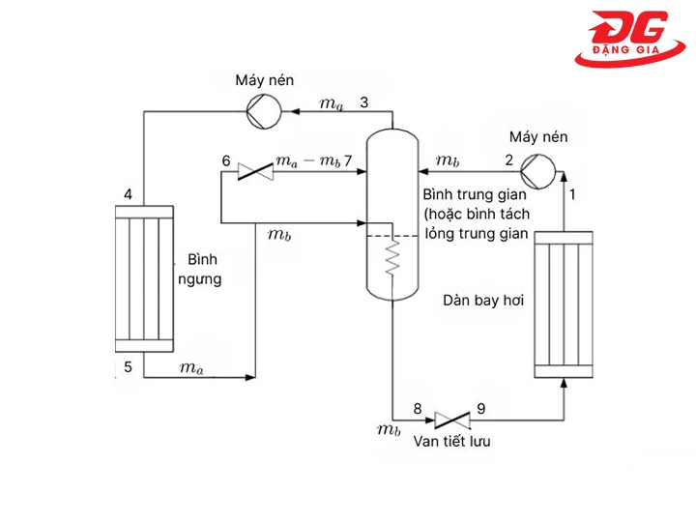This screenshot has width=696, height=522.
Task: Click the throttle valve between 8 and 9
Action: (x=451, y=420)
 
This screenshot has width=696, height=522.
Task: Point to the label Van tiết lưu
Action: (x=452, y=443)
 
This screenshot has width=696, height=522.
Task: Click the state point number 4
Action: (x=128, y=195)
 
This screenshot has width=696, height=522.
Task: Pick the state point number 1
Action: (x=572, y=194)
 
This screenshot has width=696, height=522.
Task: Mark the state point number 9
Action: (x=481, y=408)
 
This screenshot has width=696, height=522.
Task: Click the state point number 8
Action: (x=418, y=408)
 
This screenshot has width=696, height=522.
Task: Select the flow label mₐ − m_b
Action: (x=306, y=160)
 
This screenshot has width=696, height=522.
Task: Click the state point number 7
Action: (x=348, y=160)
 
